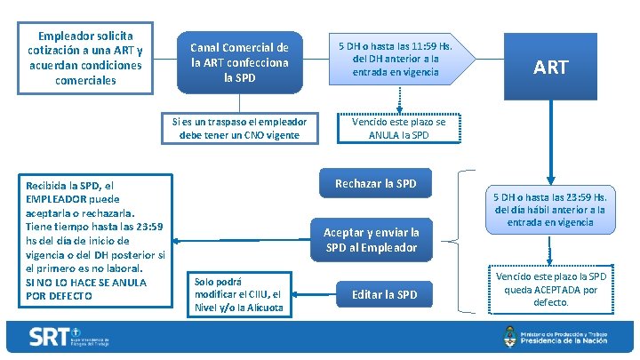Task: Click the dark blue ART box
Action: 550,67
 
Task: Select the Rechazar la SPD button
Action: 375,184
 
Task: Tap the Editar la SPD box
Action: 384,294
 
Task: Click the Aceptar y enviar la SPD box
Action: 371,239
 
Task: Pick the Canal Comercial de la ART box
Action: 240,63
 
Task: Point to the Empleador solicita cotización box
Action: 84,58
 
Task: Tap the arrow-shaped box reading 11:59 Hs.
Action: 396,59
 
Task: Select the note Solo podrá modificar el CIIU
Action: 238,294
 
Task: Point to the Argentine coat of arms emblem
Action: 509,337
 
